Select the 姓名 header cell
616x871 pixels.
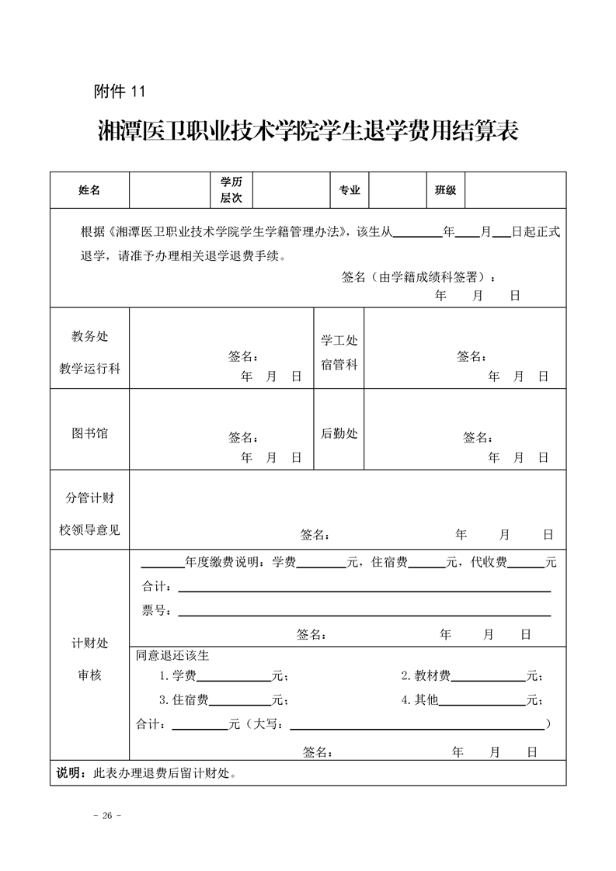coord(89,190)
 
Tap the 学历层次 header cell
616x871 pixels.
coord(231,190)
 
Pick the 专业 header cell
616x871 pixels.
coord(350,190)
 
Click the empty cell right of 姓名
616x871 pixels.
coord(169,190)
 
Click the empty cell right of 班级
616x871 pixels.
coord(515,190)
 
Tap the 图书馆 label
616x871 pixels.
coord(89,433)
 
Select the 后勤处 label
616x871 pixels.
coord(339,433)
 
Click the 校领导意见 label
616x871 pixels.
coord(89,530)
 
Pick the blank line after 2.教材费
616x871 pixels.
coord(488,679)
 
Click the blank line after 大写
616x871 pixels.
coord(416,727)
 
